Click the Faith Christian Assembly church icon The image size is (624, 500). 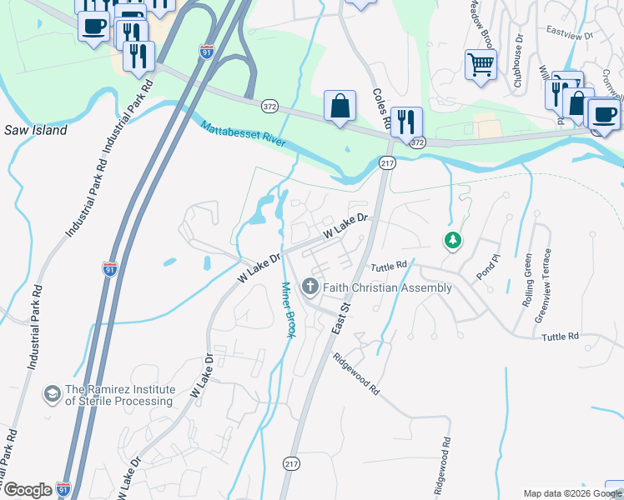tap(310, 287)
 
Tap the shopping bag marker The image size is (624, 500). tap(340, 107)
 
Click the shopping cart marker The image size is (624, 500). tap(481, 64)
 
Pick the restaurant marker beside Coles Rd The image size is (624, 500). tap(406, 122)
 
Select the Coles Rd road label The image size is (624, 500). tap(382, 108)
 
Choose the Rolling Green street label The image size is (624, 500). tap(527, 283)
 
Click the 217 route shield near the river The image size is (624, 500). tap(386, 163)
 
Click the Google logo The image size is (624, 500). tap(28, 489)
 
